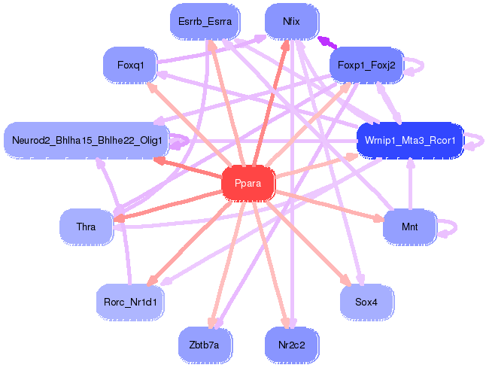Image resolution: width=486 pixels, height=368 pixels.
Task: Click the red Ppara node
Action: pos(248,183)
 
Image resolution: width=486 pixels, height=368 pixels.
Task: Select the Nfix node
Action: pos(292,21)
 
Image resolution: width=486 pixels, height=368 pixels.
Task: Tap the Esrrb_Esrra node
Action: pos(204,21)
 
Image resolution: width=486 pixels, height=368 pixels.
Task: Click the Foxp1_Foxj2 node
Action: pos(367,65)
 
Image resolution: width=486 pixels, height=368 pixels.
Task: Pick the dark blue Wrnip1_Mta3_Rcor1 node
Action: pos(409,140)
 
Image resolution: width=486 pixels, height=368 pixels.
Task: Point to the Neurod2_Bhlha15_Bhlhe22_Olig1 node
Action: pos(87,140)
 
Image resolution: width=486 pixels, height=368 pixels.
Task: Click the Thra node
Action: pos(86,225)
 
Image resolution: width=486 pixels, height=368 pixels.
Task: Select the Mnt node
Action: pos(409,225)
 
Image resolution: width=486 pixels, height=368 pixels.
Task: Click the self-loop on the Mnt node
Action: pos(449,227)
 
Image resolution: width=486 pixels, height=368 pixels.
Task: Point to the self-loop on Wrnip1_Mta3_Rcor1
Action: pos(475,141)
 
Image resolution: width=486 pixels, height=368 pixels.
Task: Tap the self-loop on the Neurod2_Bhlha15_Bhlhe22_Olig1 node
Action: pos(180,140)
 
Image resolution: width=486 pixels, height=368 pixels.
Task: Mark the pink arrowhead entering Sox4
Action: pos(346,281)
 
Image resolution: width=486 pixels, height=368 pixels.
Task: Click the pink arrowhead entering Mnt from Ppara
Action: pos(381,220)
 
